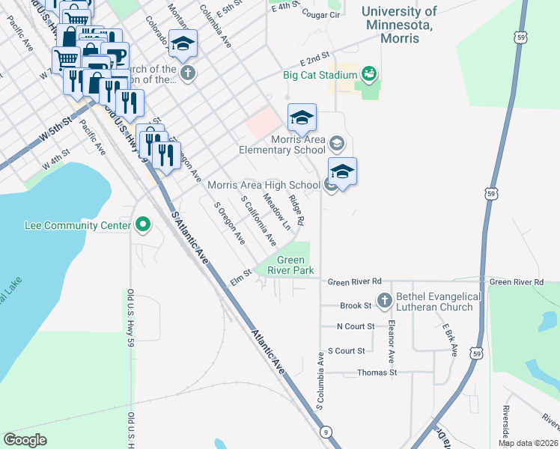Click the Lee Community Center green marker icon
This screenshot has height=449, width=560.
pos(141,224)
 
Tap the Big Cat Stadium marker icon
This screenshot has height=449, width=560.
pos(368,73)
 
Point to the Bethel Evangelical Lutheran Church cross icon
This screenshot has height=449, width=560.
pos(384,300)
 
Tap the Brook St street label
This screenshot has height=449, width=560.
pos(356,306)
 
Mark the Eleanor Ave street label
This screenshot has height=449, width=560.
pos(391,332)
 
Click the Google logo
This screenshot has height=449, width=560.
pos(25,440)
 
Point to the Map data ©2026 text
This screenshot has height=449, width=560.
pos(529,443)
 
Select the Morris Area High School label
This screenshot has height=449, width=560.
pos(264,185)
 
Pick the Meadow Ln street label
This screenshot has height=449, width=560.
pos(276,213)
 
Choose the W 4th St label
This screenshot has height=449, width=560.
pos(55,160)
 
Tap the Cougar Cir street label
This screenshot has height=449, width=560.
pos(317,13)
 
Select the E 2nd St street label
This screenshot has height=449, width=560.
pos(315,60)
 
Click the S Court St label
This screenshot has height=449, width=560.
pos(347,350)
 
